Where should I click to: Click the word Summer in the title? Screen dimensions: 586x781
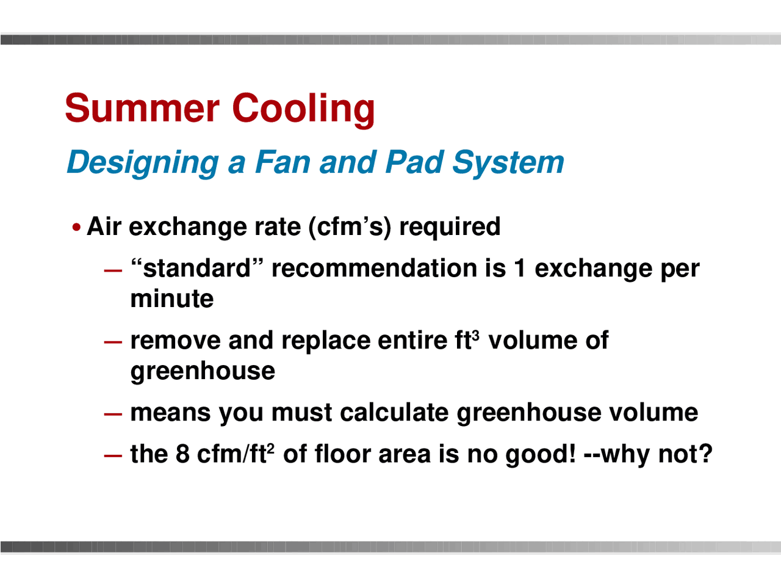tap(142, 108)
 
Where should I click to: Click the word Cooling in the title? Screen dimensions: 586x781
tap(303, 108)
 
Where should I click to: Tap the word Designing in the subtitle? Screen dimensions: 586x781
tap(142, 163)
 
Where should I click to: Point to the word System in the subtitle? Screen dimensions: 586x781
tap(508, 163)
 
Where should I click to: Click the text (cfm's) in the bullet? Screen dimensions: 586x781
tap(349, 227)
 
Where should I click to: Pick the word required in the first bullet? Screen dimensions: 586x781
tap(450, 227)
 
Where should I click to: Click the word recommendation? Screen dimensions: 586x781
tap(375, 269)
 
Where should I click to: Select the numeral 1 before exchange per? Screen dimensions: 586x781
tap(520, 269)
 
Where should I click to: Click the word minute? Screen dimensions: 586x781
tap(172, 299)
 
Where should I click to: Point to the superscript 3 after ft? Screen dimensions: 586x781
tap(475, 335)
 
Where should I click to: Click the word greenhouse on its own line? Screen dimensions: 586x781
tap(203, 371)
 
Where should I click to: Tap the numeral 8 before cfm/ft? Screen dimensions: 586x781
tap(182, 454)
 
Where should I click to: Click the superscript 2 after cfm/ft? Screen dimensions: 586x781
tap(270, 449)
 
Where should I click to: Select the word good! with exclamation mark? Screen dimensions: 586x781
tap(541, 455)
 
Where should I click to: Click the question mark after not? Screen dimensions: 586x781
tap(705, 454)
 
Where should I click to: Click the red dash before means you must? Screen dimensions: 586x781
tap(113, 413)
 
